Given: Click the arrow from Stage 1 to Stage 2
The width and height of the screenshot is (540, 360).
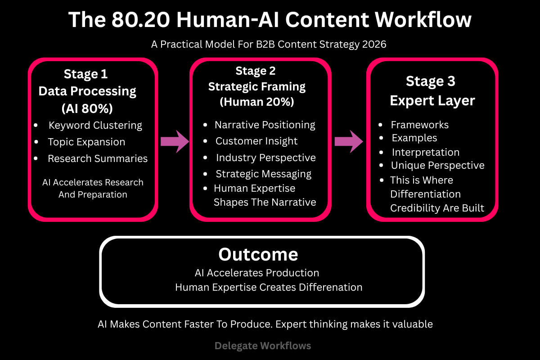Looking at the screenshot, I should [x=175, y=141].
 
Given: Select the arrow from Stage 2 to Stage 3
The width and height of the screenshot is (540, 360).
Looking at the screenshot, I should [x=349, y=141].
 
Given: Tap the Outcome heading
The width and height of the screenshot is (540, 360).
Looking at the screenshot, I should [x=258, y=254].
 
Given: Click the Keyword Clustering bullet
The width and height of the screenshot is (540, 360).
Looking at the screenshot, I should [x=95, y=125].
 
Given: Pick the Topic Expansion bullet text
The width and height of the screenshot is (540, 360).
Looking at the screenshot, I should [x=86, y=142].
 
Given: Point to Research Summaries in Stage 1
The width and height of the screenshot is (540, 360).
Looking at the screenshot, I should [x=98, y=158].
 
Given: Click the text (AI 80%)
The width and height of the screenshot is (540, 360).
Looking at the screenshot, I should [x=87, y=108].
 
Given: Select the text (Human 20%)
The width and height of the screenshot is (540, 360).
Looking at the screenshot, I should [x=256, y=102].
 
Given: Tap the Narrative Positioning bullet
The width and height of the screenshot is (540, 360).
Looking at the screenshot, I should [x=265, y=125].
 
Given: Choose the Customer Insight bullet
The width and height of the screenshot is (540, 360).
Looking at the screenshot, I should [x=256, y=141].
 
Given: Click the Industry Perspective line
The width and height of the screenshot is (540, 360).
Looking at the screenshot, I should [x=265, y=157].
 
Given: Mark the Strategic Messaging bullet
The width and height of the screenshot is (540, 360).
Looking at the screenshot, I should [x=263, y=174].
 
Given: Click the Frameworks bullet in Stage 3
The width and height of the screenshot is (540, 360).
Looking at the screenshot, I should [x=419, y=125].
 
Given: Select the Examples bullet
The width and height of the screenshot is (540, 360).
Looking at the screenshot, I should [x=414, y=138].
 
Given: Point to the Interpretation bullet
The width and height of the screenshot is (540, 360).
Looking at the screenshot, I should [x=425, y=152].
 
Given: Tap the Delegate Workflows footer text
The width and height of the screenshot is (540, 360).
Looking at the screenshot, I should [x=263, y=346].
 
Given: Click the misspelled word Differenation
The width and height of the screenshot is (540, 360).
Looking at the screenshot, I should [x=330, y=287].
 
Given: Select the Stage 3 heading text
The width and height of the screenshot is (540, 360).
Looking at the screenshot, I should [x=431, y=81].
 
